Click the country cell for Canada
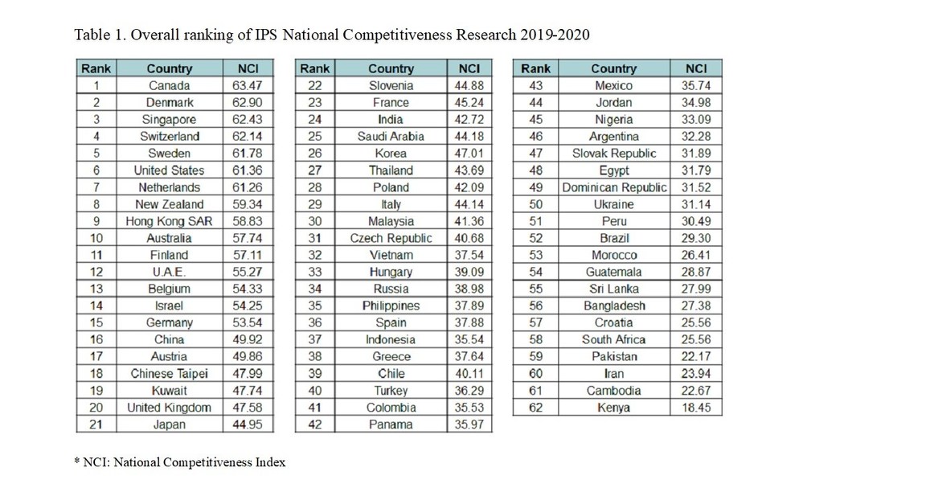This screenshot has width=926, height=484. (169, 85)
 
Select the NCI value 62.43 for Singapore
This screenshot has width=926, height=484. (247, 120)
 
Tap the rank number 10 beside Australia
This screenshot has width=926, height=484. (96, 238)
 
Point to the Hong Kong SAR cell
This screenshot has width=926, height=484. (169, 221)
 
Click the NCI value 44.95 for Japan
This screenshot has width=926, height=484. (247, 425)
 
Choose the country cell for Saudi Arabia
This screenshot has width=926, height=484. (391, 137)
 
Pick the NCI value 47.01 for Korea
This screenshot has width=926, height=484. (469, 154)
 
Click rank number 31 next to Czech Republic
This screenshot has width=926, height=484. (314, 238)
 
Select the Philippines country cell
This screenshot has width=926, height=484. (391, 306)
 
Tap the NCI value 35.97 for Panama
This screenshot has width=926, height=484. (469, 425)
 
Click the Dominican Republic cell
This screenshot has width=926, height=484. (614, 187)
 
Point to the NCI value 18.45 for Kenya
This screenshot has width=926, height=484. (696, 408)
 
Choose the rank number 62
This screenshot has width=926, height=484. (535, 408)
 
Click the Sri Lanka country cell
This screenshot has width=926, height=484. (614, 289)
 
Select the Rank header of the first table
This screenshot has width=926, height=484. (96, 68)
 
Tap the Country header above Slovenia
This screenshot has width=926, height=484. (391, 68)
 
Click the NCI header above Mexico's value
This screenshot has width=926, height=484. (696, 68)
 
